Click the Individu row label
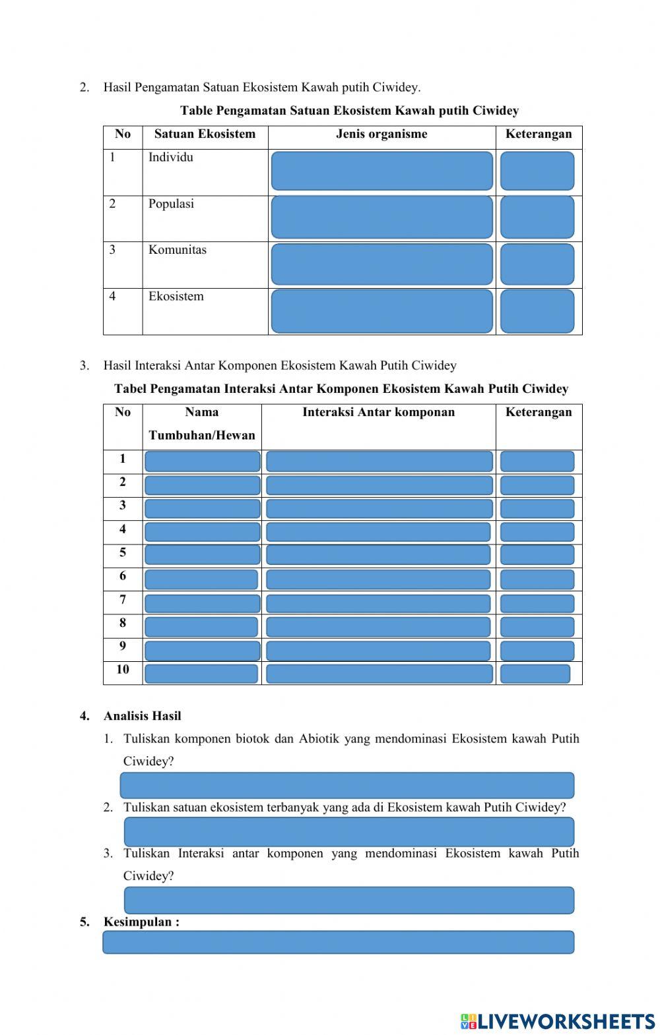171,158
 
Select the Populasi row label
171,204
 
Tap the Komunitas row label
177,250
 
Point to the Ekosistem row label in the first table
176,296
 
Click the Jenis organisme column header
381,134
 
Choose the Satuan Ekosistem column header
205,134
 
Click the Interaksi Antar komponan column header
378,413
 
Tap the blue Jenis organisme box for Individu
381,171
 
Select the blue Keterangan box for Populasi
537,218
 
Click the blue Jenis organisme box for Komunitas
381,264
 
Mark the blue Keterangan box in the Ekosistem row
537,310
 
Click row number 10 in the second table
123,670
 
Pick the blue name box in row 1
202,461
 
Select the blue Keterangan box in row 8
537,626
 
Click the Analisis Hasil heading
142,716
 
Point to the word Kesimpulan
141,922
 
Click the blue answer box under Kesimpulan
338,942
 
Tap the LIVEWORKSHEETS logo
558,1021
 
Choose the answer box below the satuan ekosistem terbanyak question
348,831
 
